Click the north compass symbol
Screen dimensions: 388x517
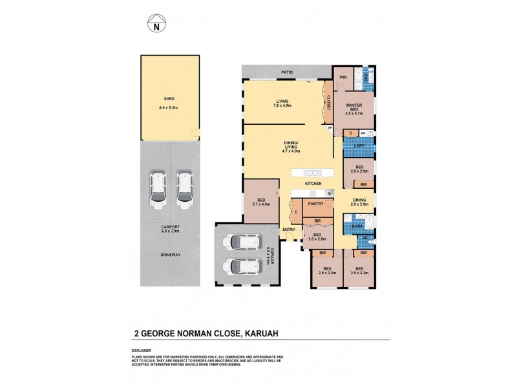(156, 25)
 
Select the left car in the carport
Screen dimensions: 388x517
(157, 189)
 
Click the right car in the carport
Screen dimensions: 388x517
(185, 189)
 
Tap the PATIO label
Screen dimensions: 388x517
(286, 72)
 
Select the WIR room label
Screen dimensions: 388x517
(343, 77)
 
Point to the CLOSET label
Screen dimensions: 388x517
(328, 102)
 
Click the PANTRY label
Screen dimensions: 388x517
(315, 204)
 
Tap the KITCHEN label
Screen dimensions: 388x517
(313, 184)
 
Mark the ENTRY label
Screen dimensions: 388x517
(288, 229)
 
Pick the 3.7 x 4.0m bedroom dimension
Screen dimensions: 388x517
(261, 205)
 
